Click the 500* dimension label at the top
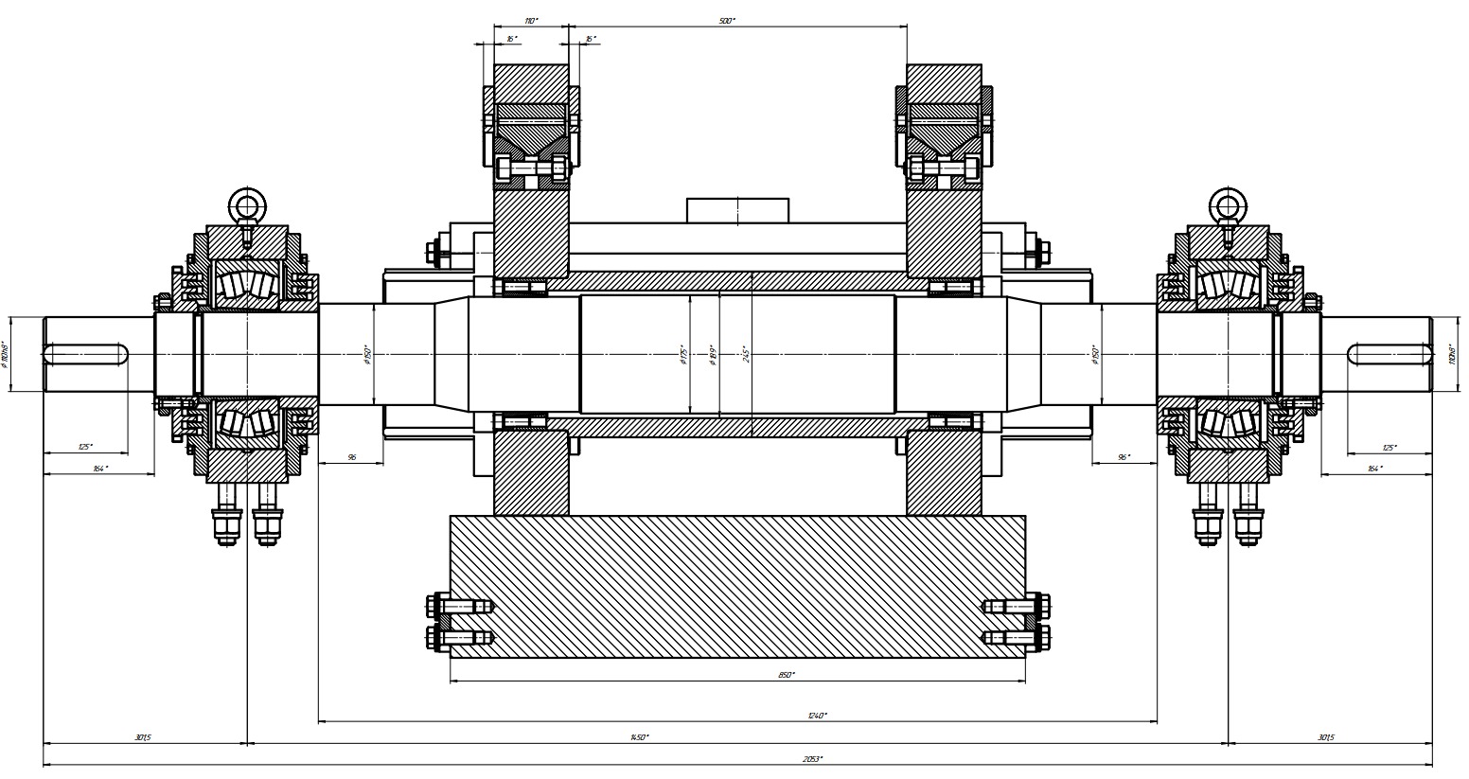point(727,20)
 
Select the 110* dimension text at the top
point(531,20)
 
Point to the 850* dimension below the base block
point(787,675)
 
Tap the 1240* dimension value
point(818,716)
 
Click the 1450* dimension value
point(640,736)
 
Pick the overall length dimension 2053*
point(812,759)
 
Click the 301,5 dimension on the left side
point(142,736)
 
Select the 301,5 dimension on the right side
point(1325,736)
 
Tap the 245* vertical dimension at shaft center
point(746,354)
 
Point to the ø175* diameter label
point(682,354)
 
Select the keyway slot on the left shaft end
point(86,354)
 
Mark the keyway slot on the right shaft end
point(1389,354)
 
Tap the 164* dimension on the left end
point(99,468)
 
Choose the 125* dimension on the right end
point(1389,447)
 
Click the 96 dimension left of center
point(351,457)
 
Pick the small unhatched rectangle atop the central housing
point(737,210)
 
